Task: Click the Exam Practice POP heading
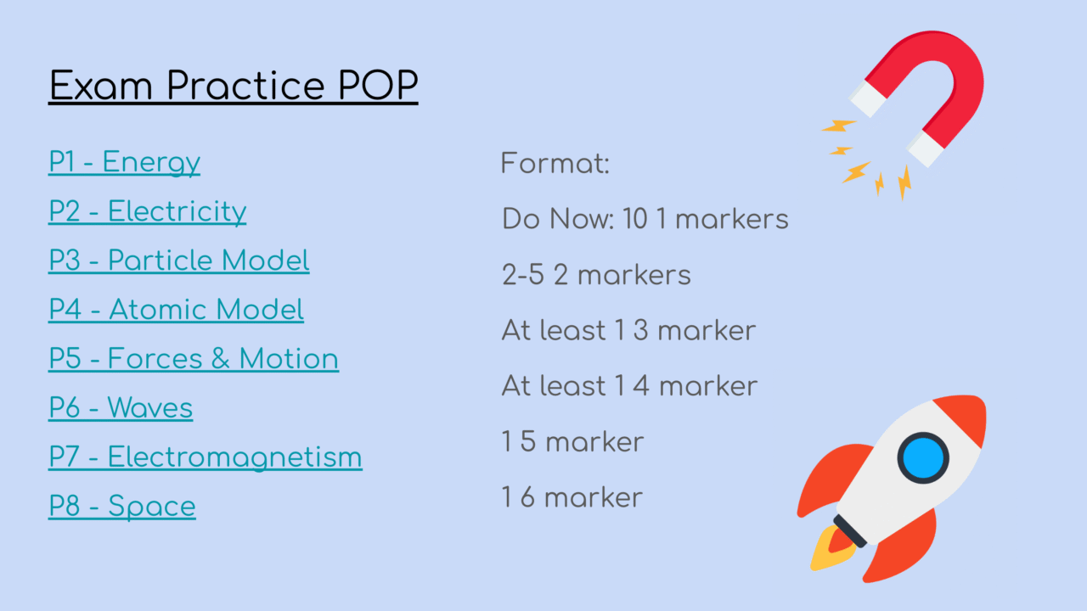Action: point(233,87)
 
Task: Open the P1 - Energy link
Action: point(124,162)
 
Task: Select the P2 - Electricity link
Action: point(147,211)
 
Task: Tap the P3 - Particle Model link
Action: point(178,261)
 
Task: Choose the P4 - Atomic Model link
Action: point(176,310)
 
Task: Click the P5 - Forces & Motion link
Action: point(193,359)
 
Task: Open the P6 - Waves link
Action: point(121,408)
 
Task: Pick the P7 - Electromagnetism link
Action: point(205,457)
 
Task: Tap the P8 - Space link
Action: point(121,507)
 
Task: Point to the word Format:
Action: point(555,163)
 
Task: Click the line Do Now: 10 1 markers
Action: point(645,219)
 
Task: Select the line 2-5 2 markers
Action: point(596,275)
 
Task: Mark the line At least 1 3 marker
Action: point(628,330)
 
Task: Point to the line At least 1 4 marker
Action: point(629,386)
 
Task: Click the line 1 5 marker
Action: point(572,441)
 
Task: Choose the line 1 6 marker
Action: point(572,497)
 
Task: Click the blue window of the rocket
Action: point(923,458)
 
